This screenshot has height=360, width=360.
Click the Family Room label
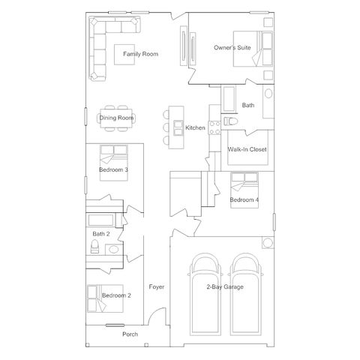(140, 54)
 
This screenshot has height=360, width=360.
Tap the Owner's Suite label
(232, 47)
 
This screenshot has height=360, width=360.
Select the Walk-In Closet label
(247, 149)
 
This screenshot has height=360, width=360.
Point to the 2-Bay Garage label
(225, 286)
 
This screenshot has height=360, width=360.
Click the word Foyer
(157, 286)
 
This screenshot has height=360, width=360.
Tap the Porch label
(130, 334)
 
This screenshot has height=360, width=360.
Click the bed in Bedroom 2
(105, 298)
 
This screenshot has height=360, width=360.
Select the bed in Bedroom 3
(114, 163)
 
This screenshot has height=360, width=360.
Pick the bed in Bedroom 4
(244, 190)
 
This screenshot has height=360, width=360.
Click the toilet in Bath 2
(94, 247)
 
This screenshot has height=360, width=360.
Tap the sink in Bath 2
(114, 249)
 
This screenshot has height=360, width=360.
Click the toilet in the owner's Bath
(230, 121)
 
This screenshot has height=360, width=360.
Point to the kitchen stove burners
(214, 127)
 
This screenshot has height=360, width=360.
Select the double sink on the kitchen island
(178, 127)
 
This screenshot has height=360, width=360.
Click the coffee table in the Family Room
(124, 55)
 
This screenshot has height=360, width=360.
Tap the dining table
(116, 118)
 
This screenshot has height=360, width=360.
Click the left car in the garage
(205, 294)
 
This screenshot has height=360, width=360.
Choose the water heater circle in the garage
(268, 243)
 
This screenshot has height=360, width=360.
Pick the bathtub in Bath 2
(100, 220)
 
